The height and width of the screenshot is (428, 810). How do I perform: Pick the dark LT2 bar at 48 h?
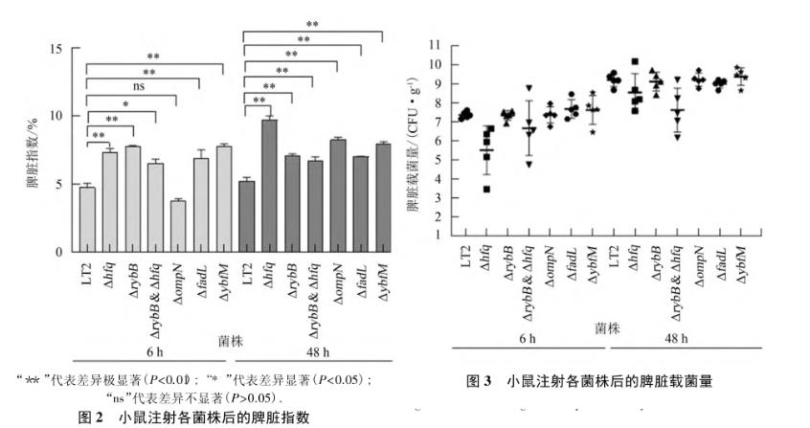246,216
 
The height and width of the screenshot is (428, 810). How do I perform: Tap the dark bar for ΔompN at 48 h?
338,195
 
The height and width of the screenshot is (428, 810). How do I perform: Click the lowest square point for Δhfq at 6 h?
487,189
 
